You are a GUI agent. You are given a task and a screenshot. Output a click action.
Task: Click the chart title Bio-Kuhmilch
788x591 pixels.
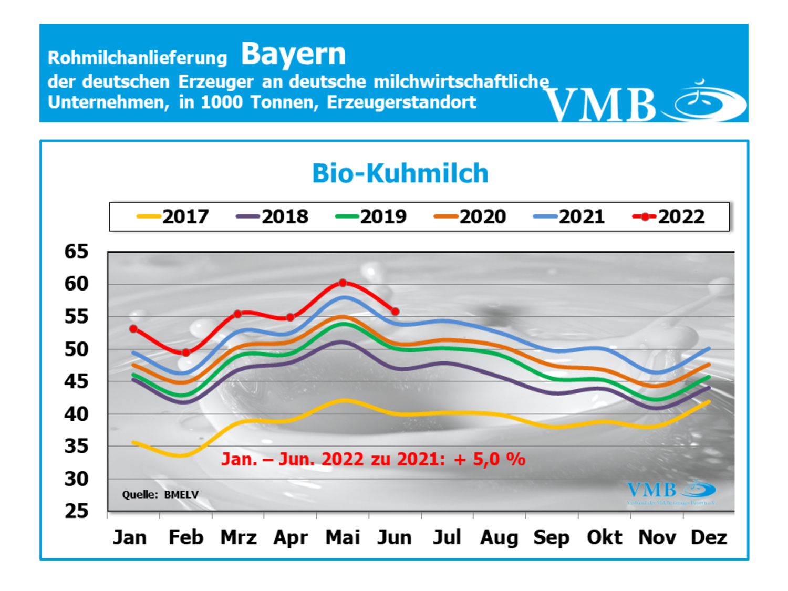[x=400, y=173]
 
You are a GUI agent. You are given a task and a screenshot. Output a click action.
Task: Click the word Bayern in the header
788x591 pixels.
[x=293, y=54]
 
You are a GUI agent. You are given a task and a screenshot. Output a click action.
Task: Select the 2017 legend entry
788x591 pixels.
[x=173, y=216]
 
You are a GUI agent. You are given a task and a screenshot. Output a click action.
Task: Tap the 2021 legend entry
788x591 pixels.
[x=569, y=216]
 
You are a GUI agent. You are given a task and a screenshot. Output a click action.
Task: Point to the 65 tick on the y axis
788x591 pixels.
[x=76, y=252]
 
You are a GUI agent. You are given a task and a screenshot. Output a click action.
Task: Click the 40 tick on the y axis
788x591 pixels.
[x=76, y=414]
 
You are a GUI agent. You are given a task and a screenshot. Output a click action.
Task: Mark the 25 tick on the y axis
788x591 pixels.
[x=76, y=511]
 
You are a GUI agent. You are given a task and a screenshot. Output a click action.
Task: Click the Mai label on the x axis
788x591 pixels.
[x=343, y=537]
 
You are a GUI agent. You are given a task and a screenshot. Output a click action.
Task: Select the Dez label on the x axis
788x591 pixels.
[x=709, y=537]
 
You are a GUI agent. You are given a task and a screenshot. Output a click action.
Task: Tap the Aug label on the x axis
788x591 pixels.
[x=499, y=537]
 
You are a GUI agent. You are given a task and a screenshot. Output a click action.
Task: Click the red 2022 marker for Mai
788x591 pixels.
[x=343, y=283]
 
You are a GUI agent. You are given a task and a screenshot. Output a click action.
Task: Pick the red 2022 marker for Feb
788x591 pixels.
[x=185, y=352]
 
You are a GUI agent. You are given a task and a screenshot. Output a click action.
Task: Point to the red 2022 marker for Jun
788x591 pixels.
[x=395, y=312]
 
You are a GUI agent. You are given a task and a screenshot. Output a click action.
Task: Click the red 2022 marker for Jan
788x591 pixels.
[x=133, y=329]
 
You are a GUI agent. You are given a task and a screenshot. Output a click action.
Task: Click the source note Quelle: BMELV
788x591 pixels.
[x=160, y=494]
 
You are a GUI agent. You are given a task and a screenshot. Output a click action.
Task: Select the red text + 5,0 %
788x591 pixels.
[x=490, y=459]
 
